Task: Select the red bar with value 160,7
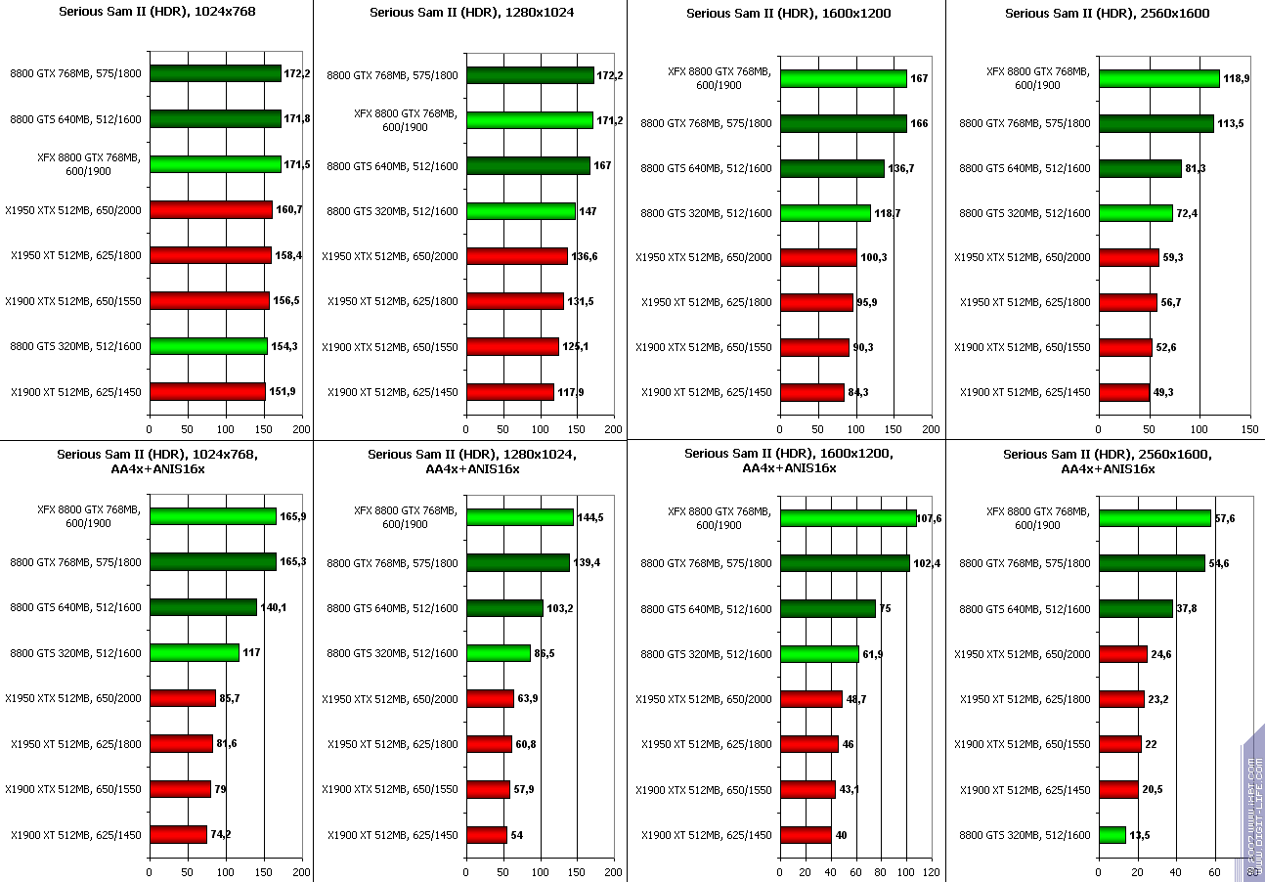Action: pyautogui.click(x=210, y=209)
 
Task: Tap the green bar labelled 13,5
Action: pyautogui.click(x=1112, y=835)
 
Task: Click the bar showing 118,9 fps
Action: pyautogui.click(x=1158, y=78)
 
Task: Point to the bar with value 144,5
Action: pyautogui.click(x=519, y=517)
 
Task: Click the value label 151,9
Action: pyautogui.click(x=282, y=391)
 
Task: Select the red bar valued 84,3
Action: pyautogui.click(x=811, y=392)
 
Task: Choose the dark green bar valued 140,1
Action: pyautogui.click(x=202, y=607)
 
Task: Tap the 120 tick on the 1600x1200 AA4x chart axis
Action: pyautogui.click(x=932, y=870)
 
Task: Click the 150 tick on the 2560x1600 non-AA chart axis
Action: pyautogui.click(x=1249, y=429)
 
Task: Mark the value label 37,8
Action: pyautogui.click(x=1188, y=608)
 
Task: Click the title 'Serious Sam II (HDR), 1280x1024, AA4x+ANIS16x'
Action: pyautogui.click(x=471, y=461)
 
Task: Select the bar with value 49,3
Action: pyautogui.click(x=1123, y=392)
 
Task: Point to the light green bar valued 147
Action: pyautogui.click(x=520, y=211)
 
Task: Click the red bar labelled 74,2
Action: pyautogui.click(x=178, y=834)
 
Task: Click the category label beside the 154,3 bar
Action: pyautogui.click(x=76, y=346)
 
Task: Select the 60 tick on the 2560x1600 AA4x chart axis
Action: pyautogui.click(x=1215, y=870)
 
